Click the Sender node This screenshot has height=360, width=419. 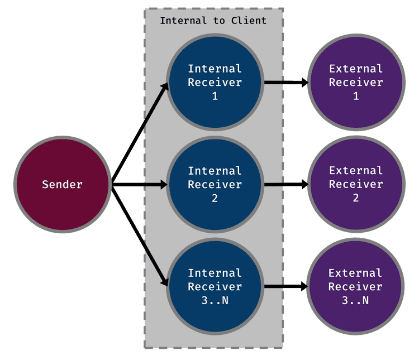coord(62,184)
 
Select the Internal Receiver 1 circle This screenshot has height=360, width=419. coord(215,83)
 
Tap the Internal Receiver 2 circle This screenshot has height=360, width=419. coord(215,184)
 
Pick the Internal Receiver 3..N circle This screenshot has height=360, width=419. coord(215,286)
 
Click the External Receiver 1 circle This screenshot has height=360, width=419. coord(356,83)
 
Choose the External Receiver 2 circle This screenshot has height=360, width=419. coord(356,184)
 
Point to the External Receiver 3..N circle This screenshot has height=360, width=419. coord(356,286)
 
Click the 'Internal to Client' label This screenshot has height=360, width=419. coord(213,21)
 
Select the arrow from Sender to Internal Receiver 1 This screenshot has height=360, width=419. coord(140,134)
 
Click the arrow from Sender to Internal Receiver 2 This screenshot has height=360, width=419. coord(140,184)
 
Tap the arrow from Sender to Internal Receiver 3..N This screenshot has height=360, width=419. coord(140,234)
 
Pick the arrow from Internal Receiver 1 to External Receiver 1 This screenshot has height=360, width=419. coord(285,83)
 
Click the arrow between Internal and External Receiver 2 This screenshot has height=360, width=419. coord(285,184)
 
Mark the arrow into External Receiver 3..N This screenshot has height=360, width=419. coord(285,286)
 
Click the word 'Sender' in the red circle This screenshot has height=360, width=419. coord(62,184)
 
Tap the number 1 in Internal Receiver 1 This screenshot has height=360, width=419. coord(215,96)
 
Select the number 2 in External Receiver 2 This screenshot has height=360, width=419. coord(356,198)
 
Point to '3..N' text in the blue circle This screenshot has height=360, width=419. coord(215,300)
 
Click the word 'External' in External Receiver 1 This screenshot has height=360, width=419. coord(356,69)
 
